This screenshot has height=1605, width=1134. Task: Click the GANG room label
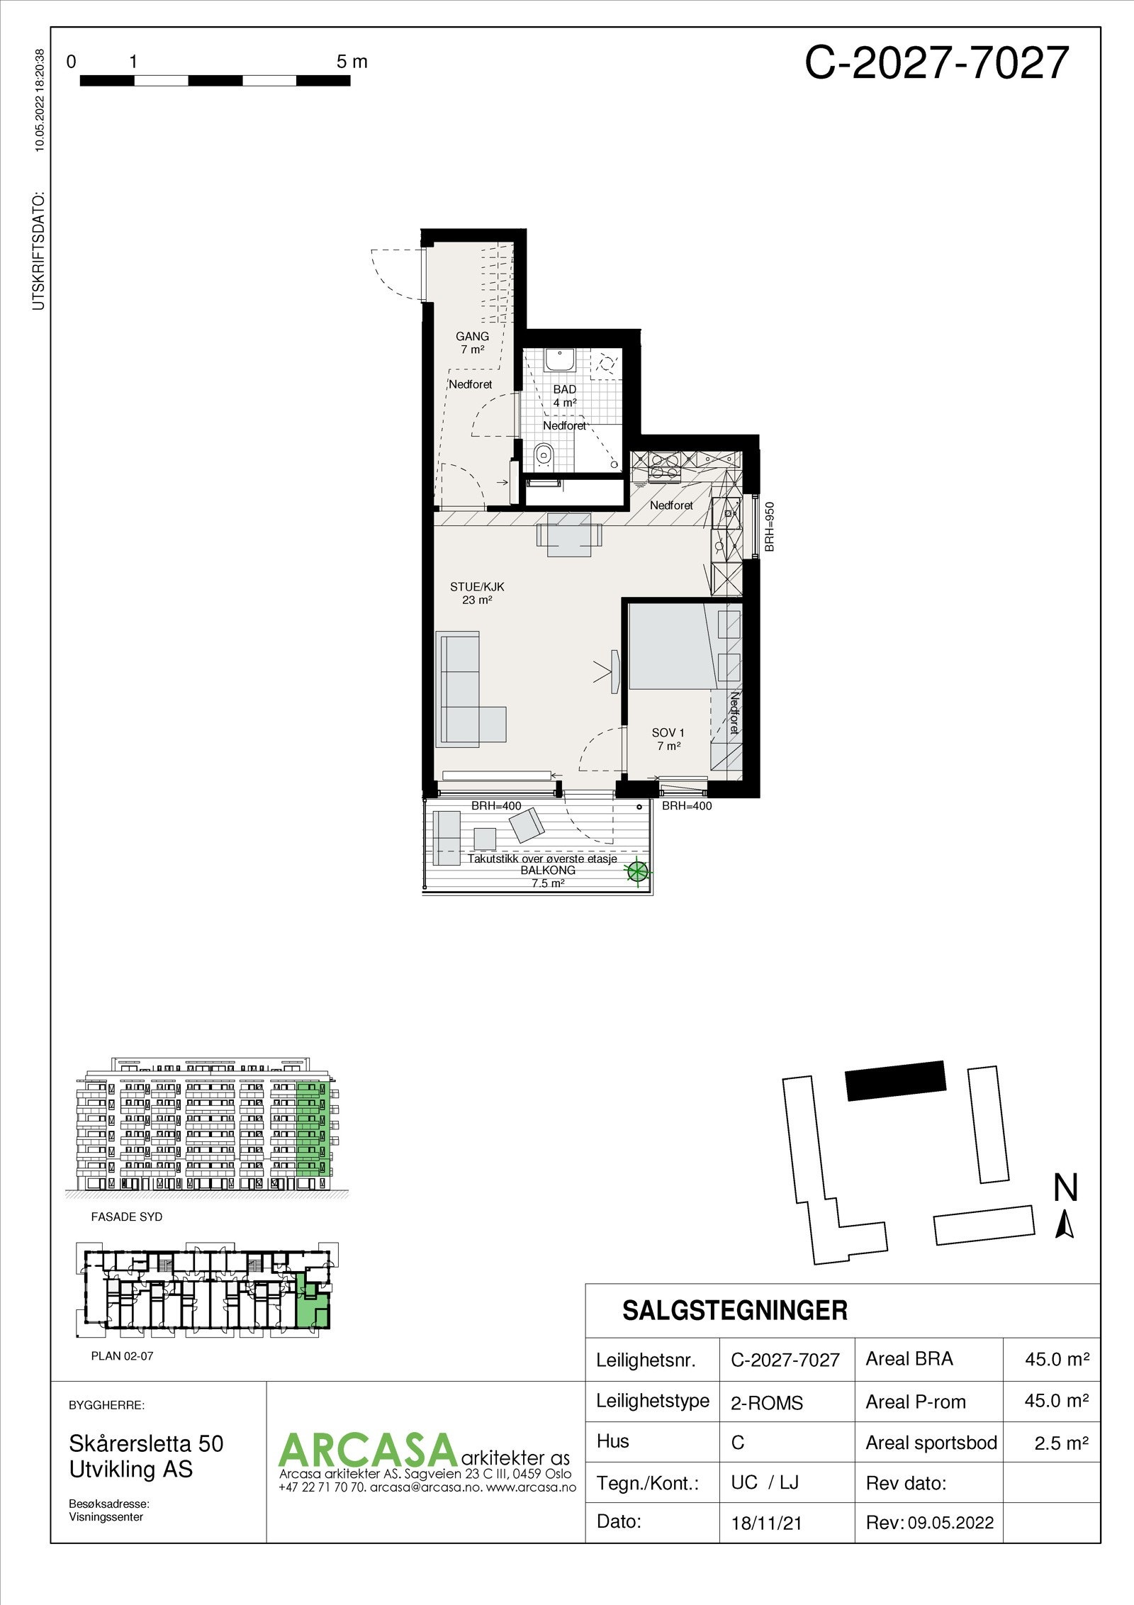click(472, 342)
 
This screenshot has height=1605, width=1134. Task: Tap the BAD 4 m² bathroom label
click(565, 396)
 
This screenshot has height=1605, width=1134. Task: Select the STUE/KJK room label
click(477, 593)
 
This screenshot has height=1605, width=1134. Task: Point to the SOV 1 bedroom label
click(668, 739)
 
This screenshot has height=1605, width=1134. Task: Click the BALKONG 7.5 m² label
click(548, 876)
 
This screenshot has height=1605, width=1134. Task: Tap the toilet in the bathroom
click(544, 453)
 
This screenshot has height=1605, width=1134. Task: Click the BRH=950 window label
click(770, 527)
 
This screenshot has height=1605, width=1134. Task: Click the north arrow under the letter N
click(1065, 1225)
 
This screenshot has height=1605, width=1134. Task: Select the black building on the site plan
click(897, 1080)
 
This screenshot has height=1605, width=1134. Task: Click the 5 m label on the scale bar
click(352, 62)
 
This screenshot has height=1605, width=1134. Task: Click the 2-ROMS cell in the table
click(767, 1403)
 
